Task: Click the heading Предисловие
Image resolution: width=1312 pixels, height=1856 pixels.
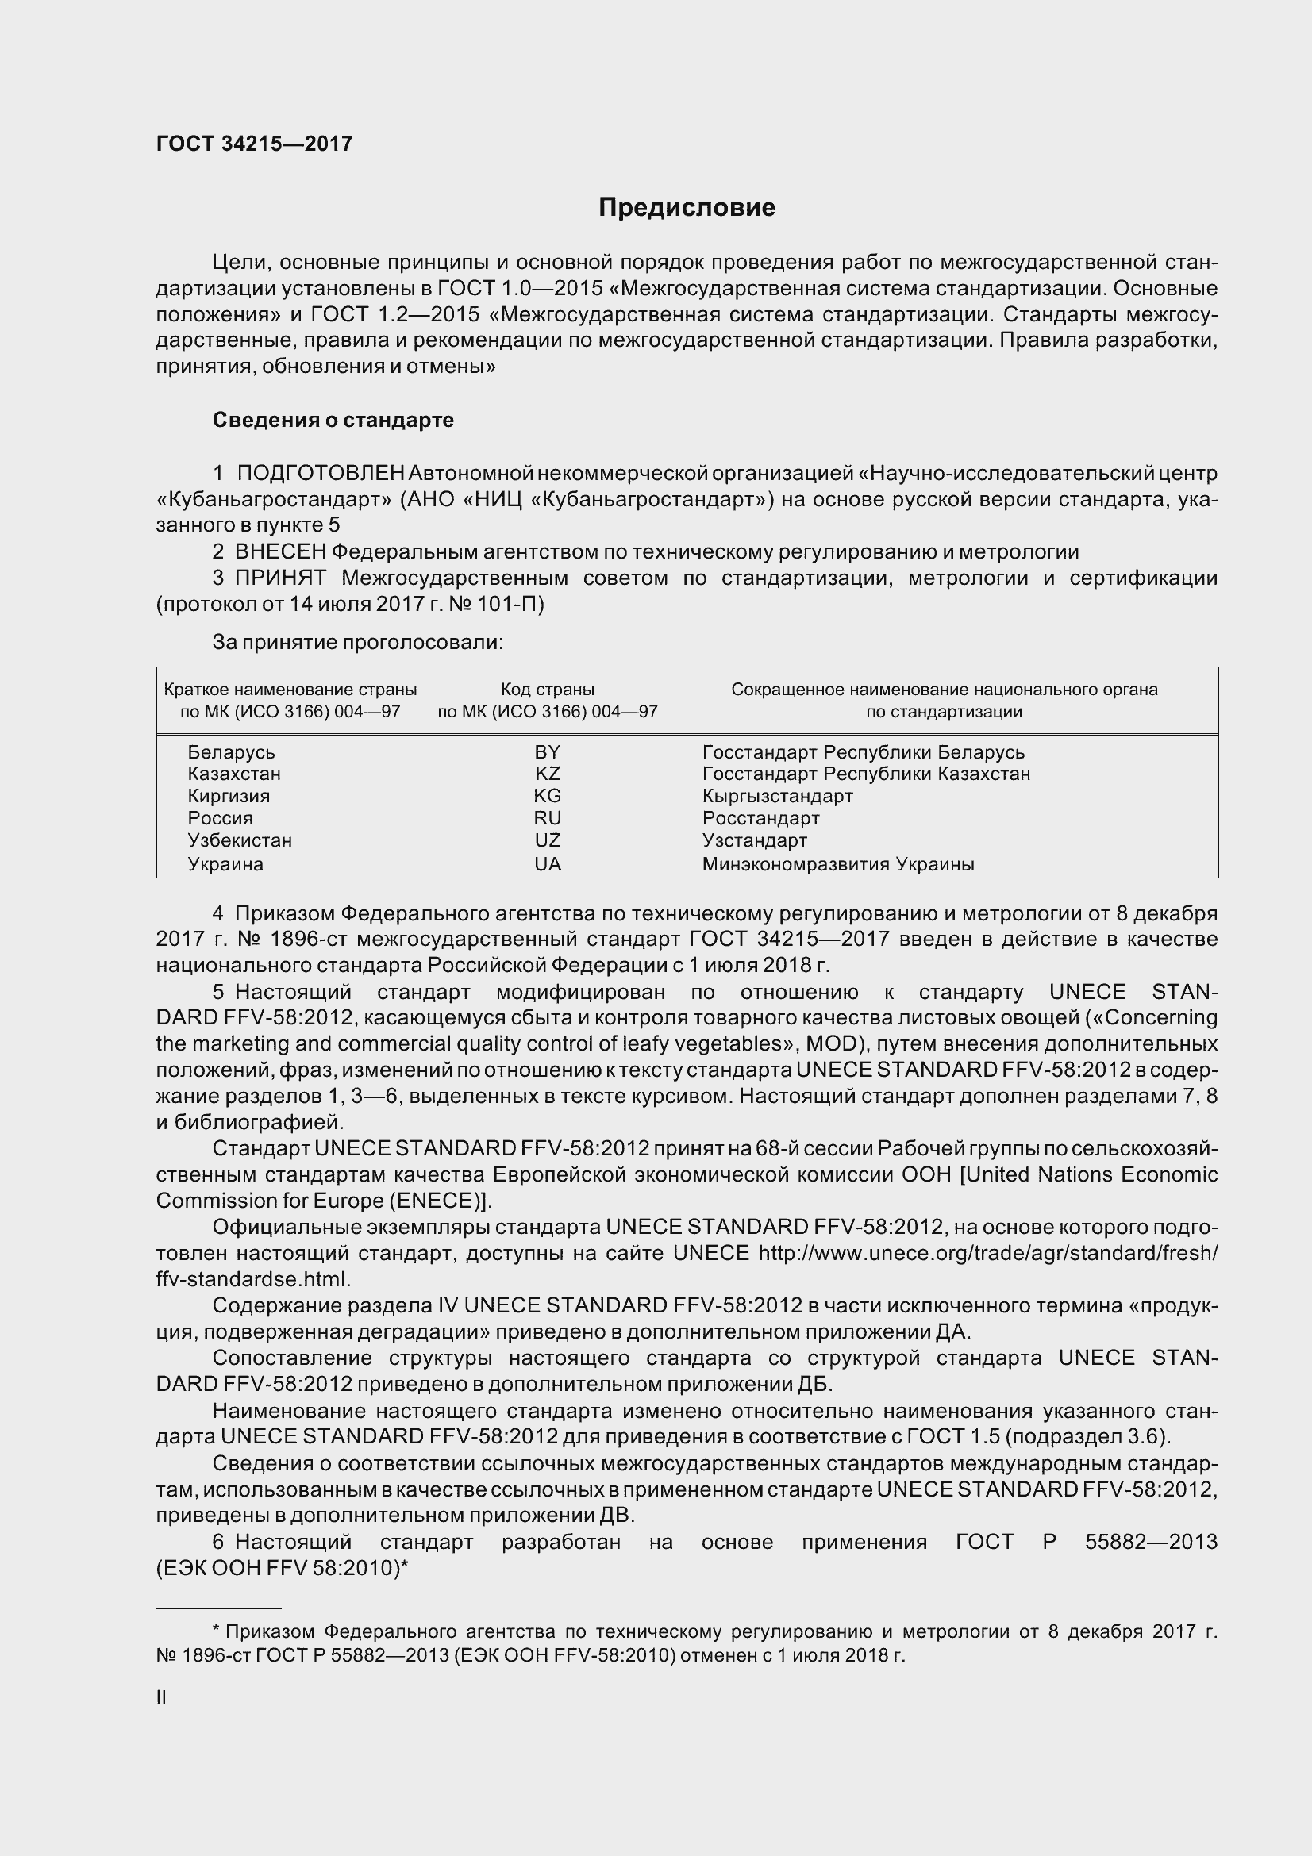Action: [x=687, y=208]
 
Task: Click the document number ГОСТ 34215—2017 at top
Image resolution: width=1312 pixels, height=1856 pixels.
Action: [x=255, y=144]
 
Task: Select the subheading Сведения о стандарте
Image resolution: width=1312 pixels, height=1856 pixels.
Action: [x=333, y=421]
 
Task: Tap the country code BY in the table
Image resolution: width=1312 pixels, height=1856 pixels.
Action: [x=548, y=751]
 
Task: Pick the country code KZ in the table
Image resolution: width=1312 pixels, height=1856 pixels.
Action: [x=548, y=774]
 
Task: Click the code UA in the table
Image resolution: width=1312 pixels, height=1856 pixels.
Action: [x=548, y=864]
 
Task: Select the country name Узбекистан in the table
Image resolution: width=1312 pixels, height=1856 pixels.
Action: [x=240, y=840]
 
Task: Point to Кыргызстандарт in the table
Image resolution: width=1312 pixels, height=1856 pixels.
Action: [x=777, y=796]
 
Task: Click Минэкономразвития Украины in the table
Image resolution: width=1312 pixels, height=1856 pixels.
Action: [x=837, y=864]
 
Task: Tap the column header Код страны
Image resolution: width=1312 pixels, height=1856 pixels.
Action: [x=548, y=690]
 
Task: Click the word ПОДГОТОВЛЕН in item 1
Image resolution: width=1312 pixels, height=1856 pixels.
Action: [x=320, y=473]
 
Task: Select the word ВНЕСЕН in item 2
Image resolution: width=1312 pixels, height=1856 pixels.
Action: [x=280, y=552]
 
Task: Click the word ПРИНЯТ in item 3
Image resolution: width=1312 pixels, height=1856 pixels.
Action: [x=280, y=578]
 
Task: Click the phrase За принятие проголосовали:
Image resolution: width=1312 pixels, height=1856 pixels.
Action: [x=358, y=643]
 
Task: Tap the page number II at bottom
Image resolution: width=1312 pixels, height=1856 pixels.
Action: [x=161, y=1697]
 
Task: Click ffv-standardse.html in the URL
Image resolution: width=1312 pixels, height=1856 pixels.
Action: [x=252, y=1280]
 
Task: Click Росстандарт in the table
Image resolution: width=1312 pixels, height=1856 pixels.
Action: [x=760, y=818]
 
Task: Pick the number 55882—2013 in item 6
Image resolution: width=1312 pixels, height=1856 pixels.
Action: [x=1150, y=1543]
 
